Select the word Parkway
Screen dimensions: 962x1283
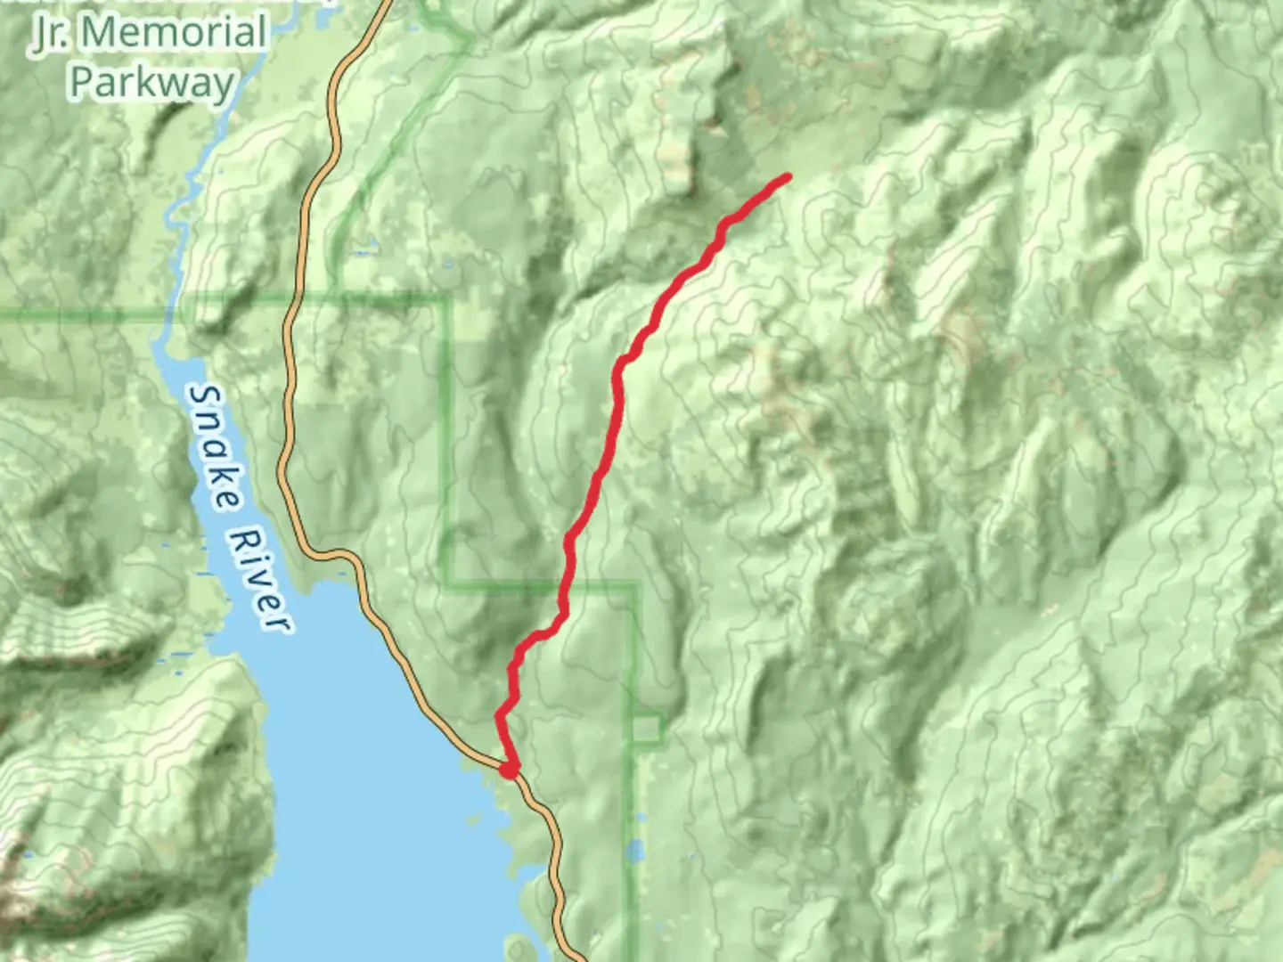click(151, 82)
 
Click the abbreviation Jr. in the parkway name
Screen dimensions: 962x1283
click(54, 34)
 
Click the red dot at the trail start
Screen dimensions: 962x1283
click(509, 769)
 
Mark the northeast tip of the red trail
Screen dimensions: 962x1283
click(788, 176)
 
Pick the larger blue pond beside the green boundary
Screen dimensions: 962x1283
click(634, 852)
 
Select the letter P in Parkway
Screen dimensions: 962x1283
click(82, 82)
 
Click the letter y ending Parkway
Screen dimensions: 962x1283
click(223, 86)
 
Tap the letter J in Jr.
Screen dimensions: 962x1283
click(43, 34)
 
